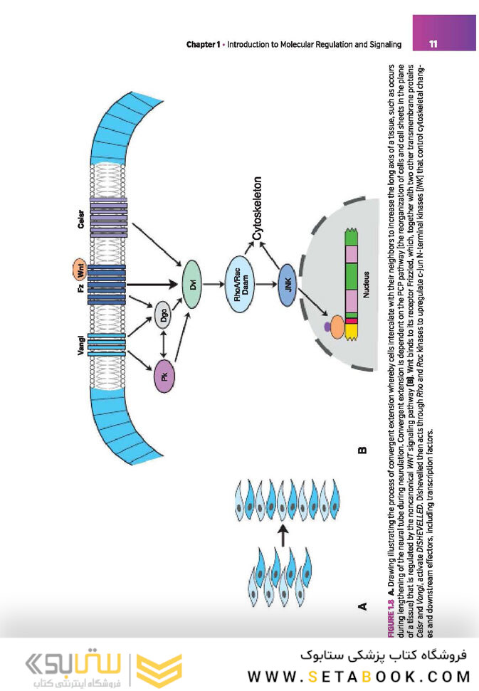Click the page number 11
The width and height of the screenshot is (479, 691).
pyautogui.click(x=434, y=45)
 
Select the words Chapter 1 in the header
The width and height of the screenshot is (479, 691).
pyautogui.click(x=202, y=45)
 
